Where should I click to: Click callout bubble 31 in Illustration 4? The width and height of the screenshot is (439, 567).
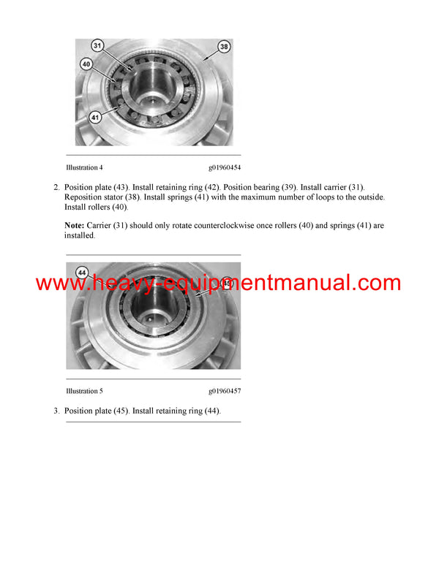(x=98, y=45)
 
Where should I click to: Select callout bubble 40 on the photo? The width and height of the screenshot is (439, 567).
(x=86, y=64)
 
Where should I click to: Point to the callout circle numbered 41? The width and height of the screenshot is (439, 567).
(x=95, y=116)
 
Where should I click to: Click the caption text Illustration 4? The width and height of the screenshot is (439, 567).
(x=84, y=167)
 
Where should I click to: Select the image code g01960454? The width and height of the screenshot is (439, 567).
(x=225, y=167)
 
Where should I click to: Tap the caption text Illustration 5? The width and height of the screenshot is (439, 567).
(x=84, y=391)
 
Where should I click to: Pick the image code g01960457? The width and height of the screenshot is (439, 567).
(x=225, y=391)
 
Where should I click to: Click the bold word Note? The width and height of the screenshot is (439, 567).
(x=75, y=226)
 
